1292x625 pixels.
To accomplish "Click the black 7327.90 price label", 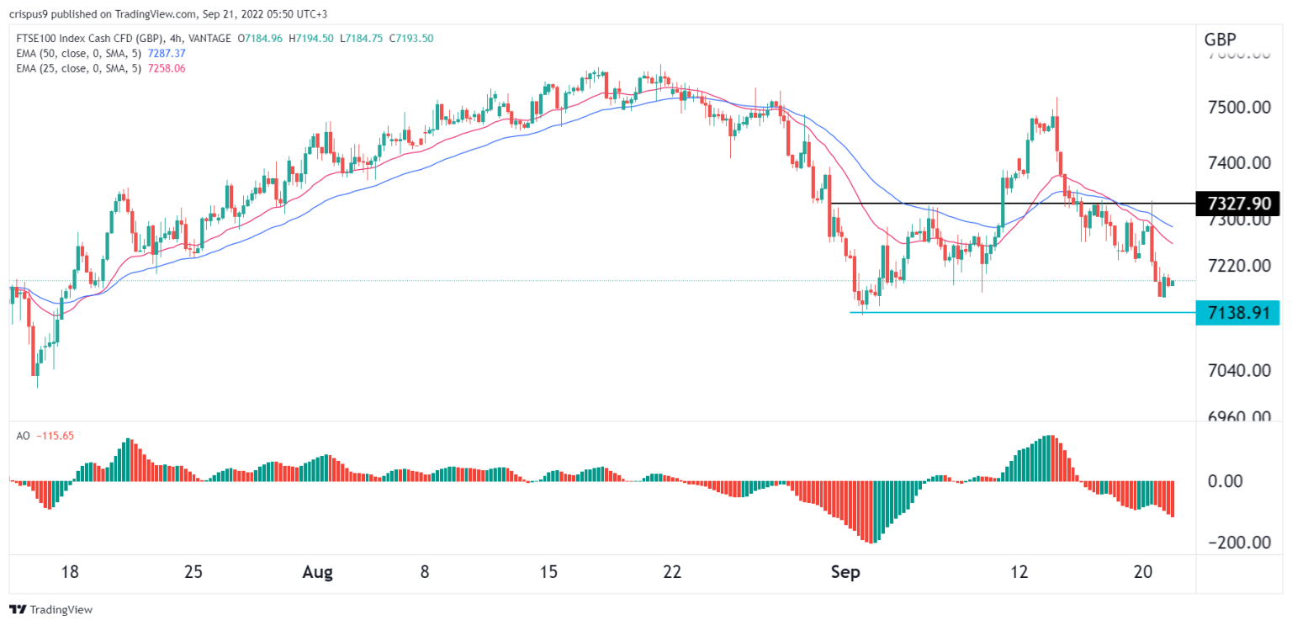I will pos(1236,204).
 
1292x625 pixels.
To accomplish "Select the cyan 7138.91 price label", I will pos(1236,312).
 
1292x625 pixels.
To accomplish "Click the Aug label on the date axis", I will pos(317,573).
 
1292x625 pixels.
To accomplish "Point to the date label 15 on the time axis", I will pos(548,573).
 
